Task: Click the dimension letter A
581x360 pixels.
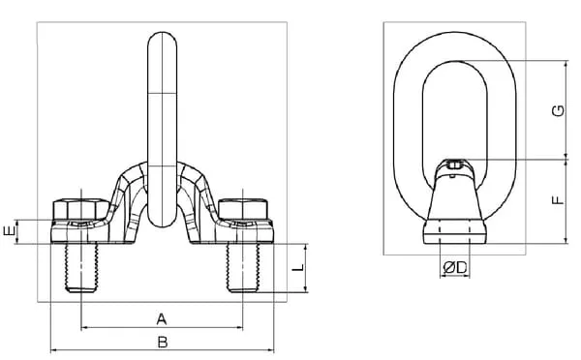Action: coord(162,319)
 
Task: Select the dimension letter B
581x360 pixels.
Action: coord(163,343)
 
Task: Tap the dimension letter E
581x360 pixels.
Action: coord(10,231)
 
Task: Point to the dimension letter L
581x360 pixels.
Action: coord(298,267)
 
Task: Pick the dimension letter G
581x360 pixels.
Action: coord(558,110)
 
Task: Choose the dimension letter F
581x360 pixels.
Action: coord(558,200)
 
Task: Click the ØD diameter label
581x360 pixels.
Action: coord(455,267)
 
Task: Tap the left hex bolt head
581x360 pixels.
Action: coord(81,209)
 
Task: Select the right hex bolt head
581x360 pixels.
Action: coord(243,209)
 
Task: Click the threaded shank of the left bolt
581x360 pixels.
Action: coord(81,267)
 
